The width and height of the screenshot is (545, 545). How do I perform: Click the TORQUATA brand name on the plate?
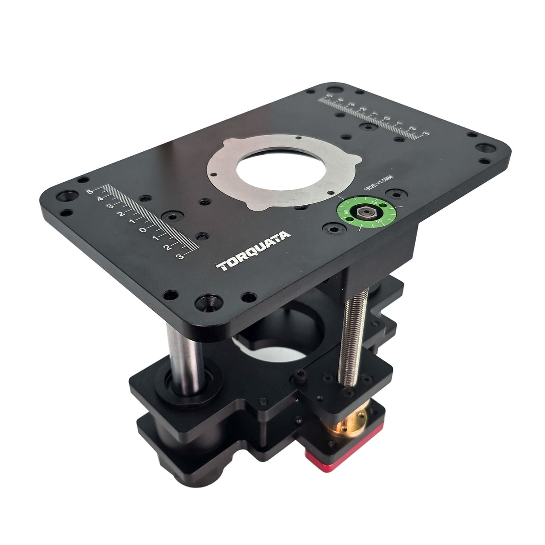click(254, 252)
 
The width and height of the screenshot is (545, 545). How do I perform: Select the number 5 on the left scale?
click(90, 192)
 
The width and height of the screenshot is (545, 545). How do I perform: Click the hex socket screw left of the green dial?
click(333, 230)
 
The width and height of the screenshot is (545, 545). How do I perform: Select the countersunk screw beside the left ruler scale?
click(172, 216)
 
